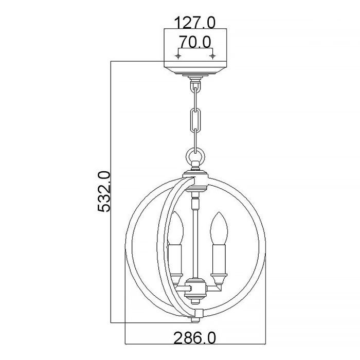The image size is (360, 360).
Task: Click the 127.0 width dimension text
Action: (195, 22)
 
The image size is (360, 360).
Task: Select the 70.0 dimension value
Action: (195, 41)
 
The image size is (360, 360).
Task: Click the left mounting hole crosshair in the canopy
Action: (178, 55)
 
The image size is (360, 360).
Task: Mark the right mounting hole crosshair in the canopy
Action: (212, 55)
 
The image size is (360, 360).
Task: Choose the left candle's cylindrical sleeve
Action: (175, 262)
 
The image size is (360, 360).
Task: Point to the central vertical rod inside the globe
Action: (195, 242)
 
